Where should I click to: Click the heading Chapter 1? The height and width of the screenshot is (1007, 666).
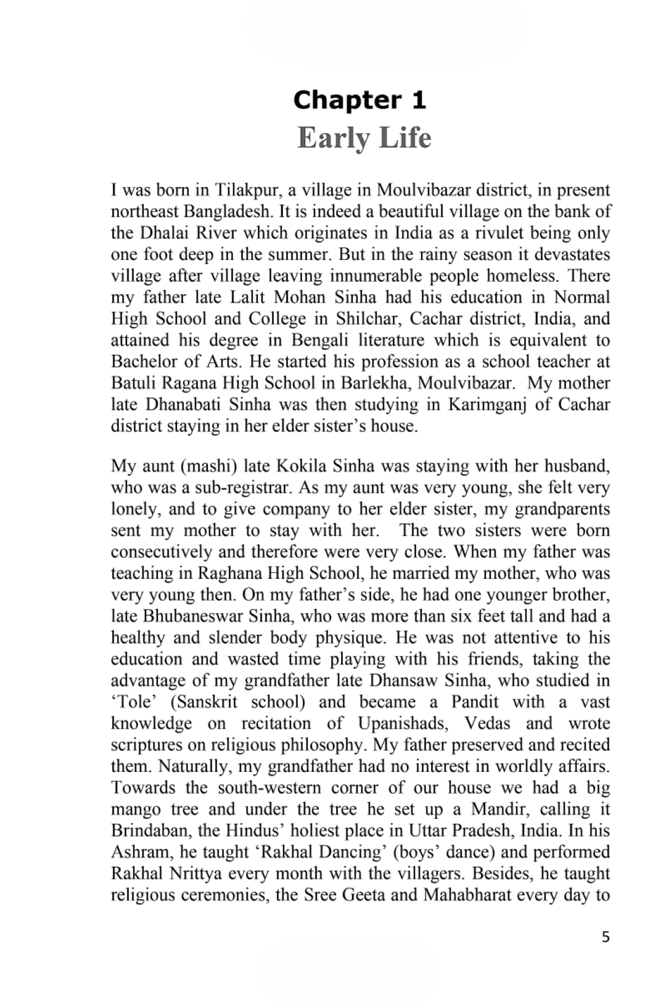(360, 100)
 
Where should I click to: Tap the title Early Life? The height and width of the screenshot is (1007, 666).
(364, 138)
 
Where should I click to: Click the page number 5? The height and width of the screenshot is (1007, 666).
(605, 937)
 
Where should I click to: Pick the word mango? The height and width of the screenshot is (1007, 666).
(135, 810)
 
